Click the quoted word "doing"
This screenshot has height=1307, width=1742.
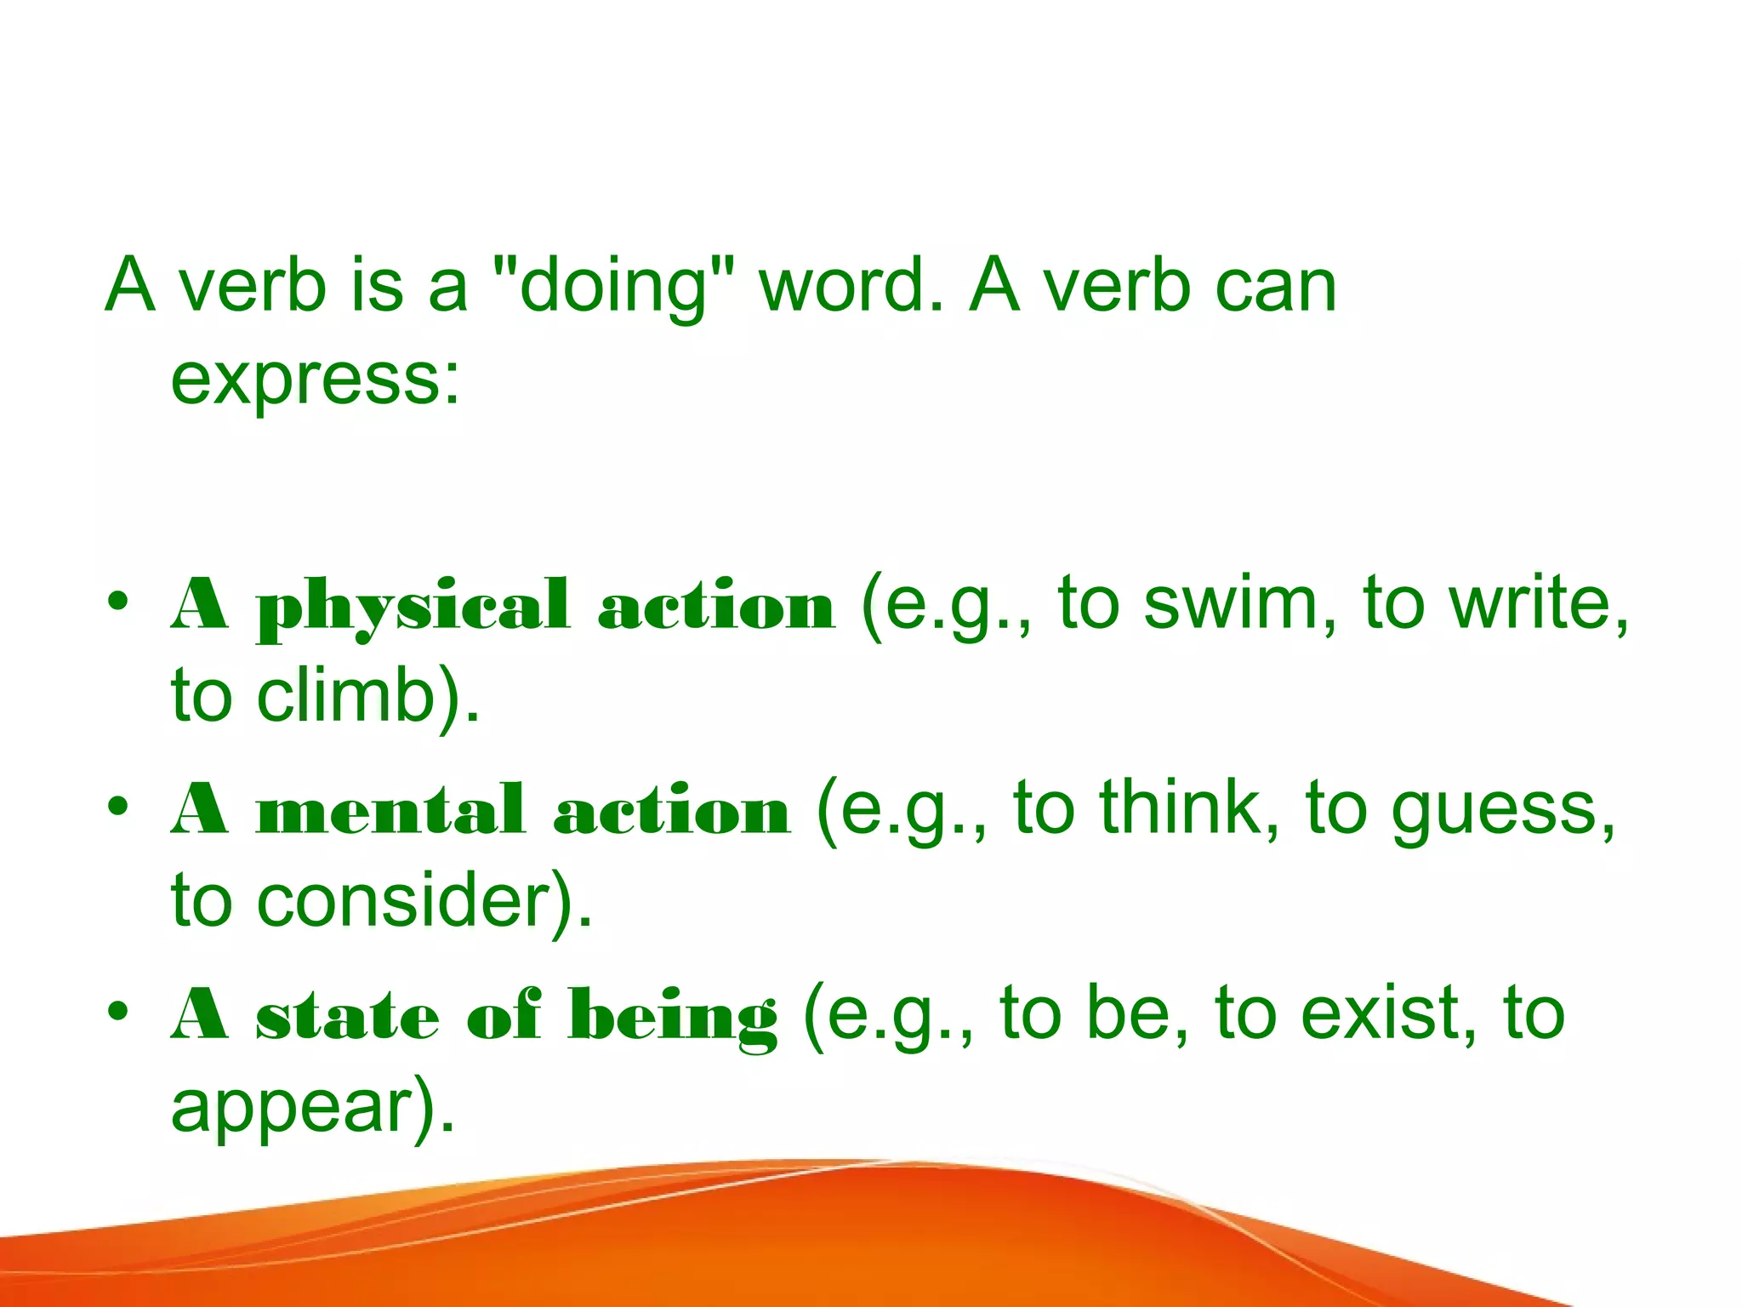[x=613, y=287]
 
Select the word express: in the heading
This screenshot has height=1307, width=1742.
[x=316, y=379]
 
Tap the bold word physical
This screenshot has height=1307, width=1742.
[x=413, y=608]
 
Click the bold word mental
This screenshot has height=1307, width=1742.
[x=390, y=811]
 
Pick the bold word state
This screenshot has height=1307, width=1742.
[x=347, y=1016]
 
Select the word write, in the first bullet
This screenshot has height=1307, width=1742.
[x=1540, y=603]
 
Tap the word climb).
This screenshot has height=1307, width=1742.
[x=368, y=695]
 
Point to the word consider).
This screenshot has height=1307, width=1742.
[x=424, y=901]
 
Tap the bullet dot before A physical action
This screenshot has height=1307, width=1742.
[x=118, y=601]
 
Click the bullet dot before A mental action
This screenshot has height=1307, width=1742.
[x=118, y=805]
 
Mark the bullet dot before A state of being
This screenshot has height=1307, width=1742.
[x=118, y=1010]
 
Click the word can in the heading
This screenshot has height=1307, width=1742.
[x=1276, y=287]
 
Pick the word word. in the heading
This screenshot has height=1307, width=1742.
[x=851, y=287]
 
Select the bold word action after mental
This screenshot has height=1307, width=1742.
[x=671, y=811]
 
